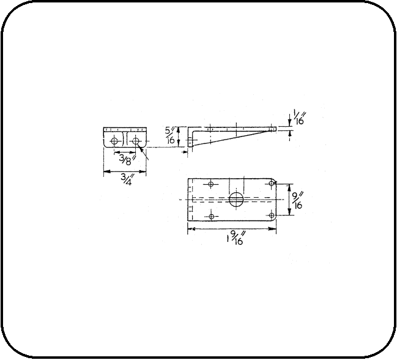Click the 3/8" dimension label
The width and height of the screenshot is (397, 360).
(127, 160)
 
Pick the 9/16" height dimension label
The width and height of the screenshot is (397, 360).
(297, 200)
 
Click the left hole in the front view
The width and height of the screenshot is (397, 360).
(113, 140)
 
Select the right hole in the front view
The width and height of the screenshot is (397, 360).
(136, 140)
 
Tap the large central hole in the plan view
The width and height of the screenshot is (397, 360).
(236, 200)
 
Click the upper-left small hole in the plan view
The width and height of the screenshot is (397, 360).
(211, 184)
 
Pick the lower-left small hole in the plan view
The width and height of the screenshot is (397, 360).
(211, 216)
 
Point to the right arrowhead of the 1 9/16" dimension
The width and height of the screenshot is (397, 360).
(272, 229)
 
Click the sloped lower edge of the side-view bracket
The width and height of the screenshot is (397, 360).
(232, 138)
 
